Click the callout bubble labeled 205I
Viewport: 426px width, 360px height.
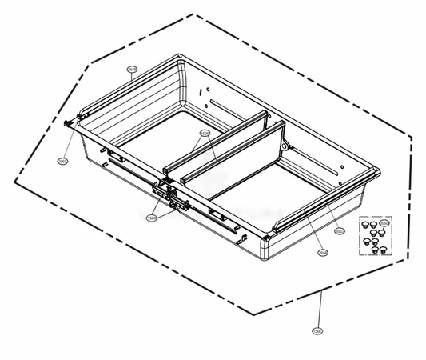click(x=62, y=161)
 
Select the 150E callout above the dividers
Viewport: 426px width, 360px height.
click(x=204, y=134)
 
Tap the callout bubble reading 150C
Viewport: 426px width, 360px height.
click(x=151, y=217)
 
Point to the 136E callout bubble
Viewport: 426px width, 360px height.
click(x=317, y=330)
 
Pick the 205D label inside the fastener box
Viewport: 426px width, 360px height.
click(x=384, y=222)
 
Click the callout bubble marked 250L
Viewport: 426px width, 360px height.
click(x=340, y=232)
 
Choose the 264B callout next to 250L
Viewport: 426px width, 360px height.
click(x=322, y=253)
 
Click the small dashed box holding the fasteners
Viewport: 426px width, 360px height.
click(x=373, y=235)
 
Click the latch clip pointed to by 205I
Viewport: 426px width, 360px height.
click(x=68, y=123)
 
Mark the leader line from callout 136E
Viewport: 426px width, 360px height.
click(x=320, y=308)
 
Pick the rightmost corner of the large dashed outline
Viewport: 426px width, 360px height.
click(x=412, y=137)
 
